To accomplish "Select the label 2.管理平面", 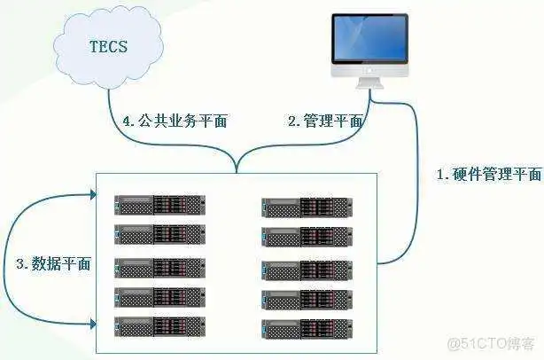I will pyautogui.click(x=324, y=121).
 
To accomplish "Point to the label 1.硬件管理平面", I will pyautogui.click(x=490, y=174).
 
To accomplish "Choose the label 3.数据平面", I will pyautogui.click(x=53, y=263).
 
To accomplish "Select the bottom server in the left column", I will pyautogui.click(x=159, y=325).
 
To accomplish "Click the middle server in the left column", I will pyautogui.click(x=159, y=267).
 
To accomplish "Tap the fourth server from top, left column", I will pyautogui.click(x=159, y=296).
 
